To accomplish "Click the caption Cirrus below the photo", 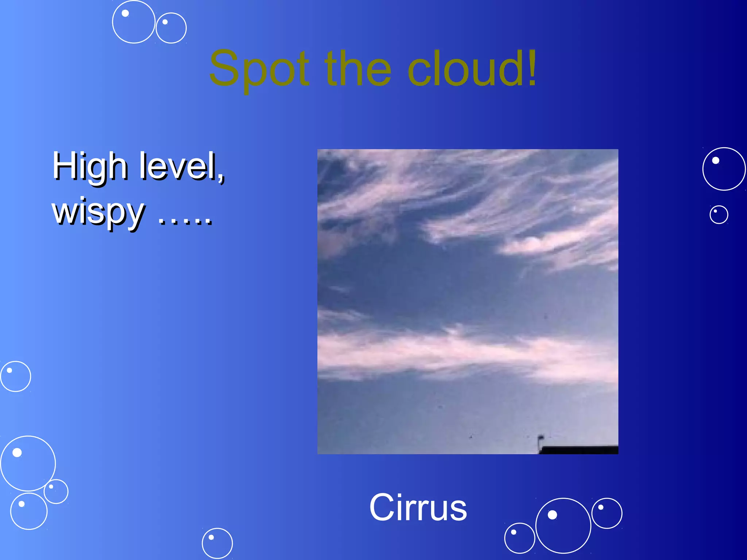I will [418, 507].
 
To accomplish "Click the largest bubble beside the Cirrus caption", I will [563, 525].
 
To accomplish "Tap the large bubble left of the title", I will [133, 22].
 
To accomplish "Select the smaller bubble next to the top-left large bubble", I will [171, 28].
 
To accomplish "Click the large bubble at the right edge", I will [724, 169].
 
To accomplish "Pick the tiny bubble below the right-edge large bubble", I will [719, 214].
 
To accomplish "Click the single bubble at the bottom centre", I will [217, 543].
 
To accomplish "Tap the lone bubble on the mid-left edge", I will [15, 376].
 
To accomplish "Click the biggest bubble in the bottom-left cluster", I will [28, 463].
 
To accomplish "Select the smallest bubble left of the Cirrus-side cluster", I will [519, 538].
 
